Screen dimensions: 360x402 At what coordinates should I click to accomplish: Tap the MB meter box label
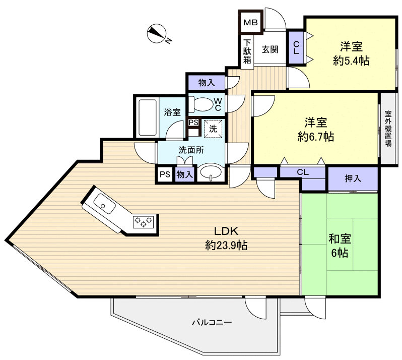pos(250,23)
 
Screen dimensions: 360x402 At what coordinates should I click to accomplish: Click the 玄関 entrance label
pos(270,49)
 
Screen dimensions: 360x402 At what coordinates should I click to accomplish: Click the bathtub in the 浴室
pos(147,117)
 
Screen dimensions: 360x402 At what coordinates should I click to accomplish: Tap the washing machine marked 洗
pos(213,128)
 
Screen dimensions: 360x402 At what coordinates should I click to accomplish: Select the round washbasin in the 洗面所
pos(211,173)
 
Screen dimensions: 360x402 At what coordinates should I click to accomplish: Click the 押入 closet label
pos(353,178)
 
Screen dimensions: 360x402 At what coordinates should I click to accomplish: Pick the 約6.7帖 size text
pos(316,136)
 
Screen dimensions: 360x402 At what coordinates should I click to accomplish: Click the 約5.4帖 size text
pos(351,61)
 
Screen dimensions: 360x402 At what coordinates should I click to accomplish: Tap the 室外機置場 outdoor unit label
pos(388,129)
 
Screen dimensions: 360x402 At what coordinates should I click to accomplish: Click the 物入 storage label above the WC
pos(206,82)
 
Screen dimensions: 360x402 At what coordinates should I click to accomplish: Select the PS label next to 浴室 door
pos(193,122)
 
